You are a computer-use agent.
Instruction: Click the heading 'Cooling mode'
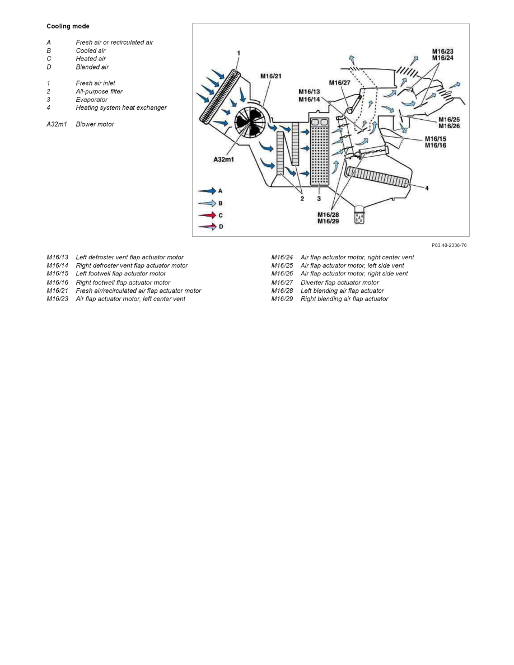[x=68, y=26]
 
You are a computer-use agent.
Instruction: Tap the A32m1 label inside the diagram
[x=223, y=159]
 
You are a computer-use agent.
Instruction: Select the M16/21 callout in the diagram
[x=271, y=76]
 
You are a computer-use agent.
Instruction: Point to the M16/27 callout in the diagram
[x=339, y=83]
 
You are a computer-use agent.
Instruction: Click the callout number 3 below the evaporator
[x=319, y=198]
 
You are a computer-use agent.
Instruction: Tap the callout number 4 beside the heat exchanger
[x=427, y=188]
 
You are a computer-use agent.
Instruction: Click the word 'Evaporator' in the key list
[x=91, y=100]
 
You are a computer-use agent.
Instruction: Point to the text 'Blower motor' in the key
[x=95, y=124]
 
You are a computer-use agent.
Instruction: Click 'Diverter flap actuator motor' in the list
[x=339, y=283]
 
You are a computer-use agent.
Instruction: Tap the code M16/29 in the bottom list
[x=282, y=299]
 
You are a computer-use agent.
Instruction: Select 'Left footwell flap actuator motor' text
[x=121, y=274]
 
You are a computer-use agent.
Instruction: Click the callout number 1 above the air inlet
[x=239, y=53]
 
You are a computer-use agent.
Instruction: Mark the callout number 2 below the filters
[x=301, y=198]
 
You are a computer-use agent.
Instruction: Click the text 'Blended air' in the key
[x=92, y=67]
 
